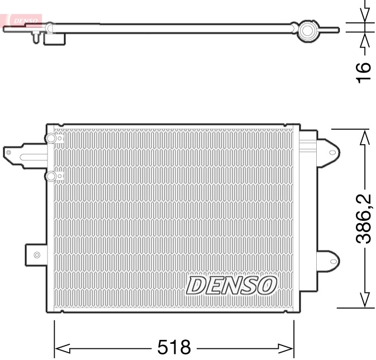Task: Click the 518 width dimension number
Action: pyautogui.click(x=174, y=347)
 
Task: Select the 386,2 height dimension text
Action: pyautogui.click(x=364, y=219)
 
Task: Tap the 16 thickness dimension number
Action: pyautogui.click(x=364, y=72)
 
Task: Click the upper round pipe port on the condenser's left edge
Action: pyautogui.click(x=51, y=139)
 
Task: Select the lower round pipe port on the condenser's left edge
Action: pyautogui.click(x=51, y=177)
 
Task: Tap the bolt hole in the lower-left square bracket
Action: pyautogui.click(x=37, y=255)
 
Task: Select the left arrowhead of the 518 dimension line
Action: pyautogui.click(x=60, y=347)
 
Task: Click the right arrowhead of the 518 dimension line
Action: pyautogui.click(x=288, y=347)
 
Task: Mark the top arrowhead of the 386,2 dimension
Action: pyautogui.click(x=364, y=136)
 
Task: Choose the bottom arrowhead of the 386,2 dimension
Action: pyautogui.click(x=364, y=300)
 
